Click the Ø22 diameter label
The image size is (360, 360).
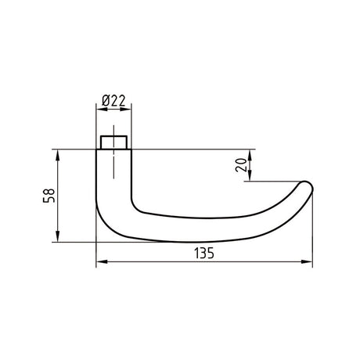point(114,100)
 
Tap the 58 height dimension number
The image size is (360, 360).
point(49,196)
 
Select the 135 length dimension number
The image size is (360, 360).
point(204,253)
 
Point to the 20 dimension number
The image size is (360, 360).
point(241,165)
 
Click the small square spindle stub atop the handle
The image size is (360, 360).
point(114,142)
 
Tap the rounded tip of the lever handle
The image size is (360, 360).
point(307,186)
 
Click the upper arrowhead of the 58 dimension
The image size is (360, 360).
point(58,156)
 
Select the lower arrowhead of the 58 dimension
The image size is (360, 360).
point(58,236)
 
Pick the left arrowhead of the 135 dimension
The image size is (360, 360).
point(102,261)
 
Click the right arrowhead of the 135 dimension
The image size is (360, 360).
point(307,261)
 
